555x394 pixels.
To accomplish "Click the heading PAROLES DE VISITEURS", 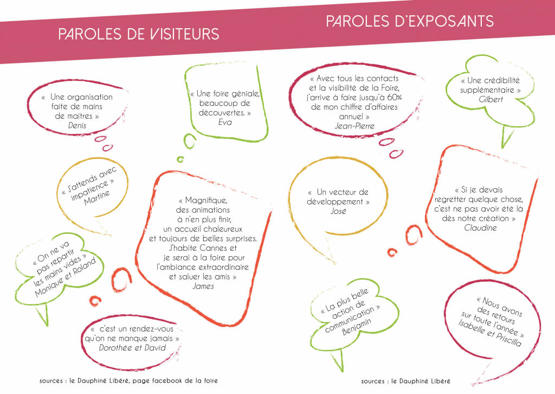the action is click(x=139, y=34).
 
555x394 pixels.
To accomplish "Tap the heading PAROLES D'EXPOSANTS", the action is click(x=410, y=21).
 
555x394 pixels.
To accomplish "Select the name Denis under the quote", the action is click(x=77, y=125).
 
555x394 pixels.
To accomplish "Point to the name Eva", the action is click(x=225, y=122).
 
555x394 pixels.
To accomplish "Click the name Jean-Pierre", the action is click(x=354, y=126).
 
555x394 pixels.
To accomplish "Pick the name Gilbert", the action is click(x=491, y=99).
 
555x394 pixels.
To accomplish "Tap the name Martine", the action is click(x=97, y=198).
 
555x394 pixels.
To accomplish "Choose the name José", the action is click(x=338, y=211).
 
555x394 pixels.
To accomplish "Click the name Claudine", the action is click(x=480, y=228).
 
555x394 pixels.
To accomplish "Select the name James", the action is click(x=203, y=287).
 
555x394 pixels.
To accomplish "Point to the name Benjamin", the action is click(x=357, y=327).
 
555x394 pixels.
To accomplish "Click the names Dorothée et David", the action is click(x=132, y=348).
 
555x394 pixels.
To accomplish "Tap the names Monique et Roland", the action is click(x=66, y=277).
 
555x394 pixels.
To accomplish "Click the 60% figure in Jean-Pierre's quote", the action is click(x=395, y=98).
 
